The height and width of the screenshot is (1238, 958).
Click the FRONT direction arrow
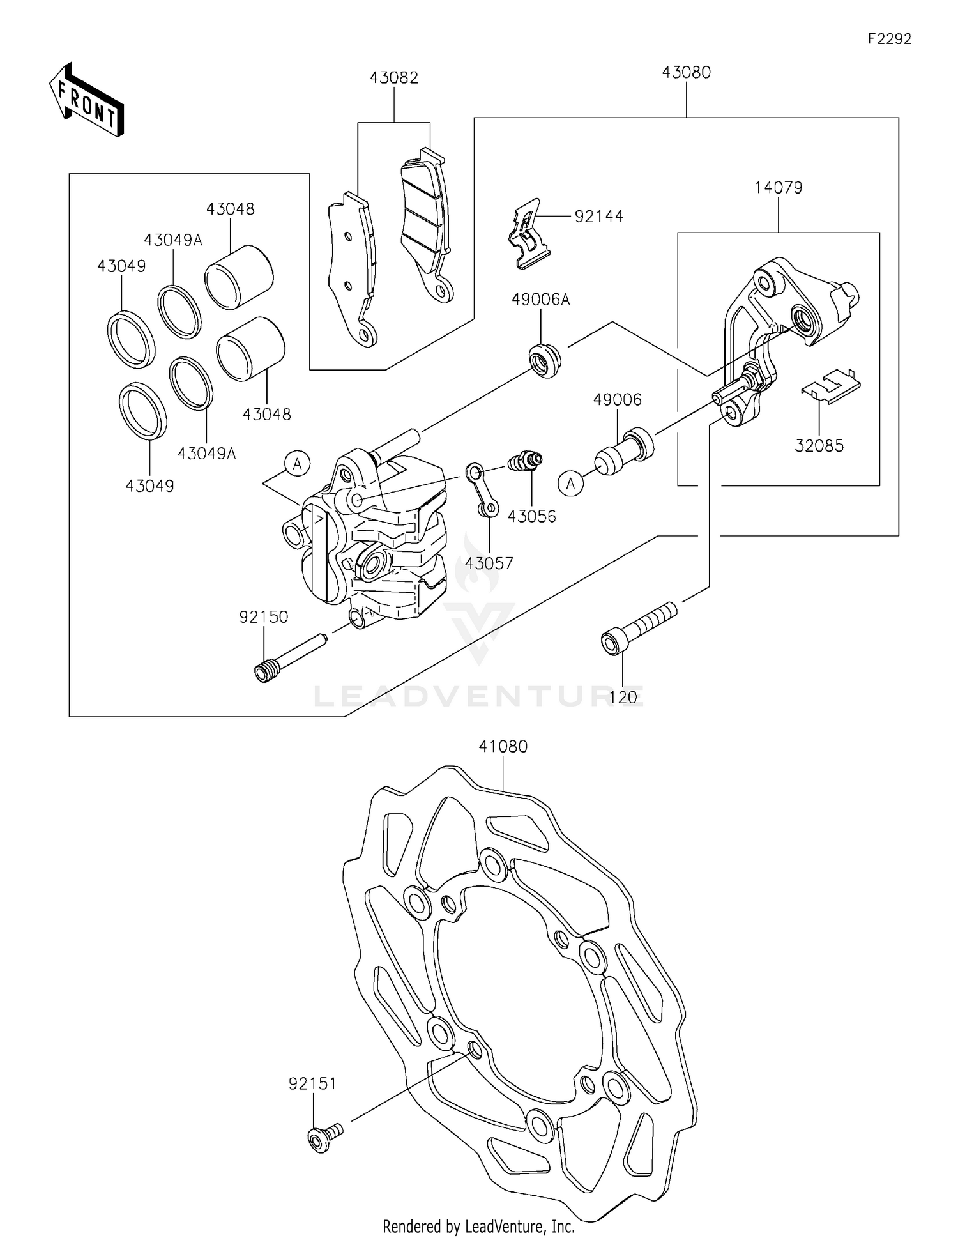click(87, 100)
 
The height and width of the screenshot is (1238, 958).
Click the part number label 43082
click(393, 78)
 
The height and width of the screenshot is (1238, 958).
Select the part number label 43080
click(686, 73)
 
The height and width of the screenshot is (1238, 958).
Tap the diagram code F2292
click(889, 39)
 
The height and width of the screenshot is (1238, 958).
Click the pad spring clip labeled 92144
click(528, 234)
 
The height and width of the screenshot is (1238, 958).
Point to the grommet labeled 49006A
click(545, 360)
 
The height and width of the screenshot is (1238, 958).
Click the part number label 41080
click(503, 746)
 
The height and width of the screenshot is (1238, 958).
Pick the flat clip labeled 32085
click(831, 386)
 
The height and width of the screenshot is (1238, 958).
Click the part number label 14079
click(778, 188)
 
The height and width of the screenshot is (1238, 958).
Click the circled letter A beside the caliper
click(298, 464)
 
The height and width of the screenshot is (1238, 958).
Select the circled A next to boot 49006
click(570, 484)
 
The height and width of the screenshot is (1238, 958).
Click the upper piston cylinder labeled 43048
click(240, 277)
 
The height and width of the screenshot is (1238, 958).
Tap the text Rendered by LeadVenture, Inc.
click(478, 1226)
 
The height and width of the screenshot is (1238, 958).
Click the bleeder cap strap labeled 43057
click(482, 491)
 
